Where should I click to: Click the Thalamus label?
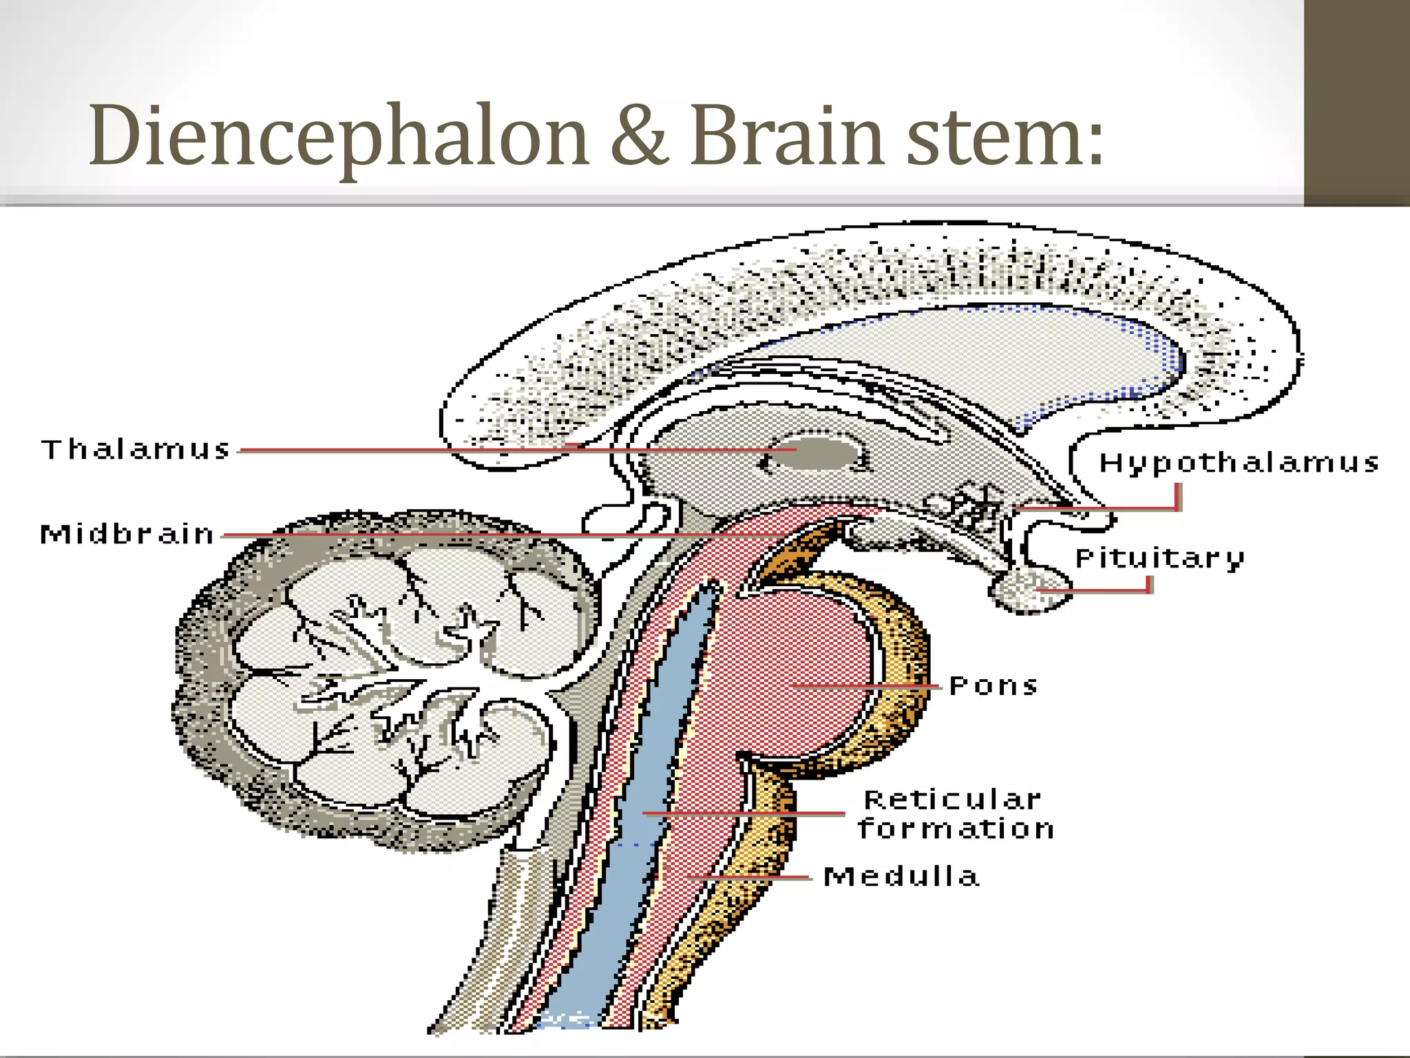click(136, 450)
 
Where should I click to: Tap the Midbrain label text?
click(127, 535)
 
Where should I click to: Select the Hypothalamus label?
click(1239, 463)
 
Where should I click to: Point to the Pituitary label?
click(1159, 559)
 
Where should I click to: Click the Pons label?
click(993, 686)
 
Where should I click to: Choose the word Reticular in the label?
click(953, 800)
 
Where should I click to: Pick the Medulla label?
click(901, 877)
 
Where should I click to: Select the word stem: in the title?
click(1004, 136)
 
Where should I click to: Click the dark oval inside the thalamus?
click(816, 455)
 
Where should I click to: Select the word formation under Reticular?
click(956, 829)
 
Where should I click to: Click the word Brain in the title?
click(786, 136)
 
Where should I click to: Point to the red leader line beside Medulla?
click(750, 878)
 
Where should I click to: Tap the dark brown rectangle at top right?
click(1356, 103)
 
